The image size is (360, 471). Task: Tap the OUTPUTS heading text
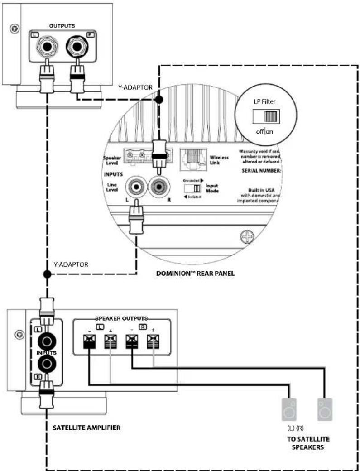point(62,26)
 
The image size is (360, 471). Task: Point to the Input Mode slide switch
point(196,187)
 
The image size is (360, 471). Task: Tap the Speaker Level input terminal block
point(136,155)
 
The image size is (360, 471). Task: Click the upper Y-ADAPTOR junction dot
point(159,98)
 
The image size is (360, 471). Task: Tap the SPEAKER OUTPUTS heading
point(122,318)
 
